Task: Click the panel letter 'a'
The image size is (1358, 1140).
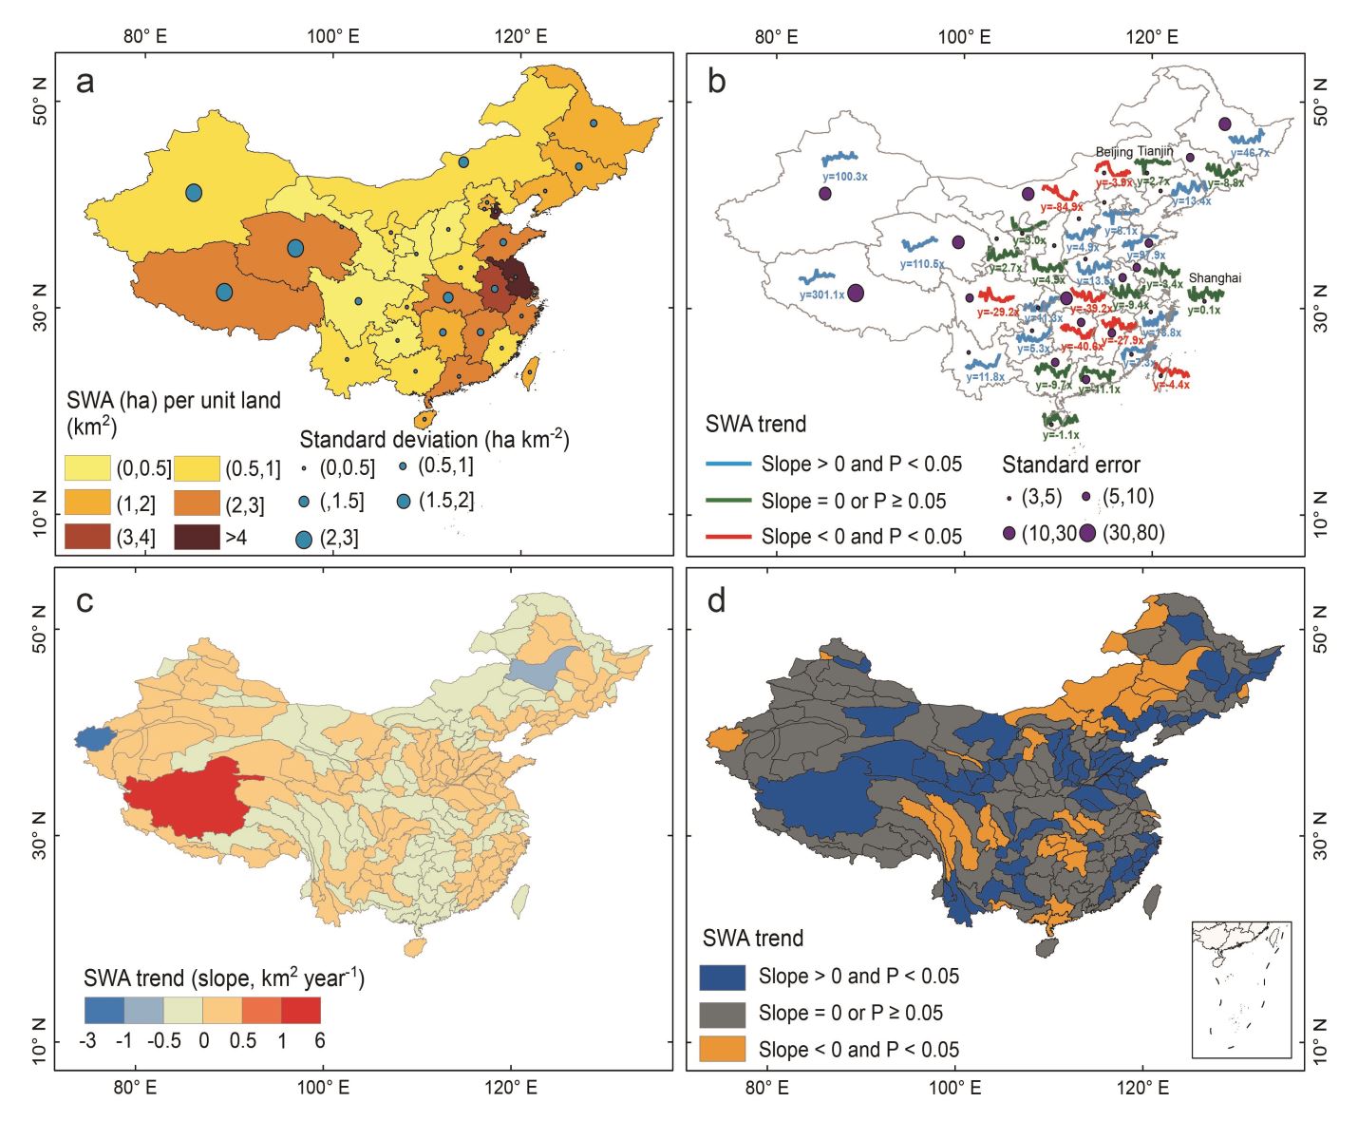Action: click(85, 83)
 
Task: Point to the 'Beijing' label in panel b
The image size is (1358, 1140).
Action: click(1115, 152)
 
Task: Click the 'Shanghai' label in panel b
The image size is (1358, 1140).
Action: click(1215, 278)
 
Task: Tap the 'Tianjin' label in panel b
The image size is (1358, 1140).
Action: click(1156, 151)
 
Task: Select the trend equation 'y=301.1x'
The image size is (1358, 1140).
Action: click(821, 295)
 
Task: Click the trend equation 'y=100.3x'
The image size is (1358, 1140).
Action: click(845, 177)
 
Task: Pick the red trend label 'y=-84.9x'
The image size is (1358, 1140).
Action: click(1061, 207)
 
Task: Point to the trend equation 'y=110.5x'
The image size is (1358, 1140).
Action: click(922, 264)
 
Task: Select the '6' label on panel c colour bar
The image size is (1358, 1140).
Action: click(320, 1041)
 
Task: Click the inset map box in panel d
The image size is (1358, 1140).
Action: click(1241, 989)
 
